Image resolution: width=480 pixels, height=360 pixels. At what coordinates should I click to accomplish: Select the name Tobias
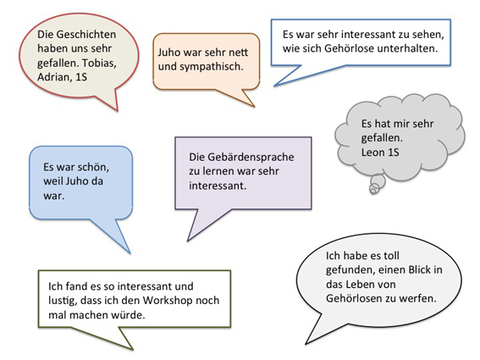[99, 63]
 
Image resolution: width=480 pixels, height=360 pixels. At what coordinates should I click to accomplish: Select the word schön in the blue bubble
[92, 167]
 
